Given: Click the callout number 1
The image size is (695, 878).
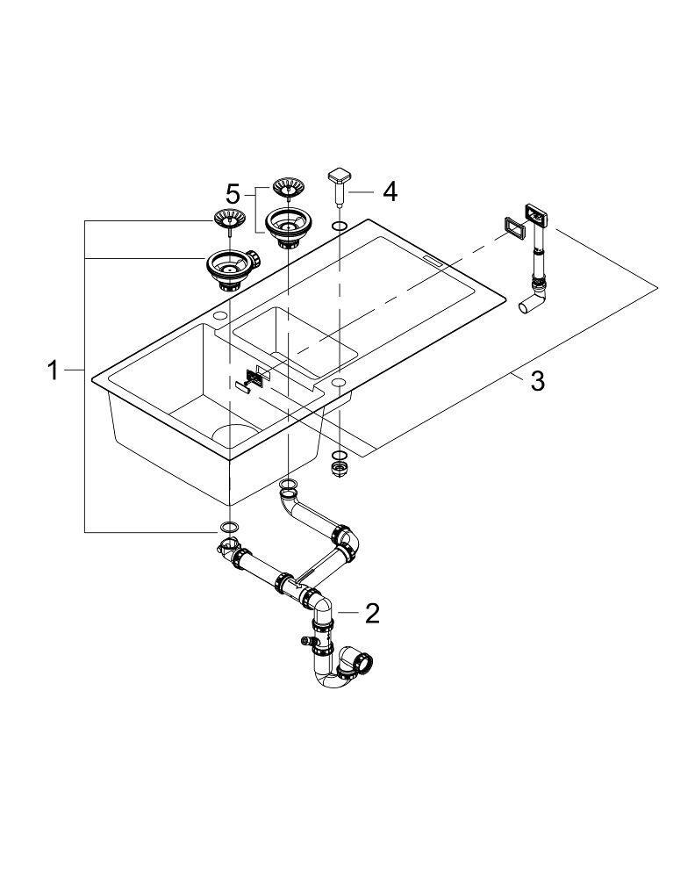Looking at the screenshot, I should (53, 371).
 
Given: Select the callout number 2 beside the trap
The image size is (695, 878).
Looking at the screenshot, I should (372, 612).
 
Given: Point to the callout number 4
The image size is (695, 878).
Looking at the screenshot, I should (389, 191).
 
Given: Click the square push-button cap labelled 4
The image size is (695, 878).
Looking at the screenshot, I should (339, 176).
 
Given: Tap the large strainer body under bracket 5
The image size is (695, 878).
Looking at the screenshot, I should (285, 226).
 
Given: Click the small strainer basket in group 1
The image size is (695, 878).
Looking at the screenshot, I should (229, 219).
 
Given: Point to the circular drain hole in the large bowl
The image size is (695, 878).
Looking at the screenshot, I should (230, 436).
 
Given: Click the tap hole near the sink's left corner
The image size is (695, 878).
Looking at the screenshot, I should (219, 315).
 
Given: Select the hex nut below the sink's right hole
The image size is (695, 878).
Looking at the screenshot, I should (339, 469).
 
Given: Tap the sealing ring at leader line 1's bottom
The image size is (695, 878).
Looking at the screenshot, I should (228, 527).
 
